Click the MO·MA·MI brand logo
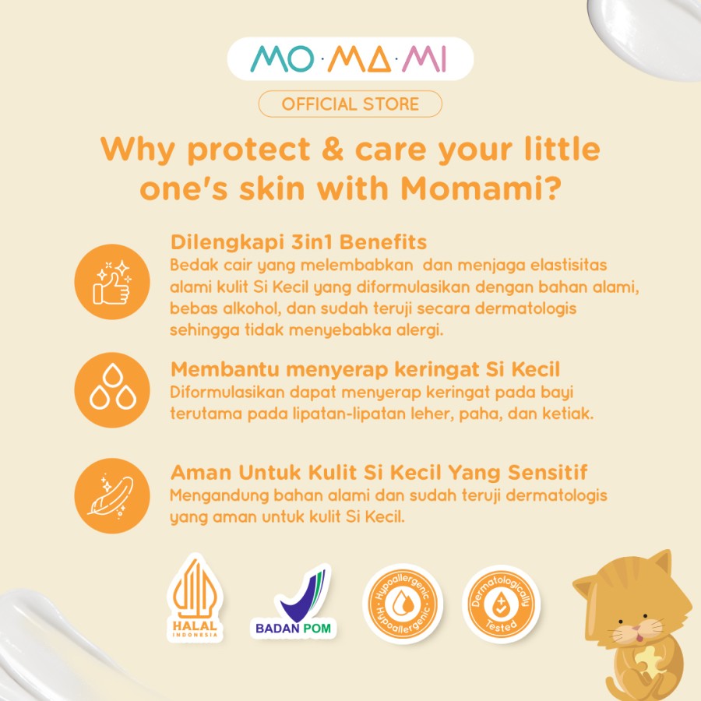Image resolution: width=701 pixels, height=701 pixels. click(x=350, y=58)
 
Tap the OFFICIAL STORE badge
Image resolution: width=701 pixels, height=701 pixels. click(x=350, y=104)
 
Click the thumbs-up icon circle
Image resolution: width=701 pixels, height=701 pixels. click(x=112, y=282)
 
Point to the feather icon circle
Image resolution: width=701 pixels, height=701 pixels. click(x=112, y=495)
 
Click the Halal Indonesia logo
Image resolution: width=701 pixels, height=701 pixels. click(x=195, y=597)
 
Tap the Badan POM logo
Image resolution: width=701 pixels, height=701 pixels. click(x=294, y=601)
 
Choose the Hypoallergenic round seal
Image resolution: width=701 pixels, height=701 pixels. click(x=403, y=604)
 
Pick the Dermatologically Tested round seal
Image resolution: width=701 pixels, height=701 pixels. click(x=501, y=604)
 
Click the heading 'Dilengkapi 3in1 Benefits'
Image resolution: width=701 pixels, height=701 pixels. click(x=298, y=242)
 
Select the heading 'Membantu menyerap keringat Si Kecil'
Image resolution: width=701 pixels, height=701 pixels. click(x=365, y=369)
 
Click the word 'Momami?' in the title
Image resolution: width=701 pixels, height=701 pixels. click(x=481, y=188)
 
